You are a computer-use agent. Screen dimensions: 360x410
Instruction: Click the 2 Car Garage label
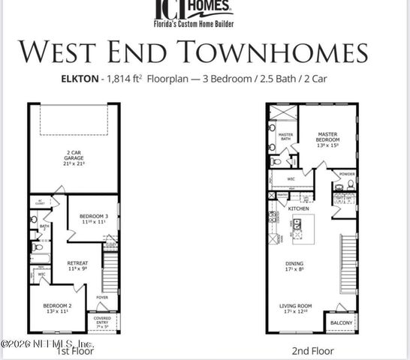point(73,158)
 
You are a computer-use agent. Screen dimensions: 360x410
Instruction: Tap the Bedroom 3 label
point(93,217)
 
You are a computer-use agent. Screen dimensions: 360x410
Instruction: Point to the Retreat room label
point(78,265)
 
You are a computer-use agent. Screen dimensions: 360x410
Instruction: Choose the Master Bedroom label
point(328,138)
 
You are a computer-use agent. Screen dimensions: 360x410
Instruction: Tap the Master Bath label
point(285,137)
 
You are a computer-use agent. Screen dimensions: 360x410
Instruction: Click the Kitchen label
point(299,208)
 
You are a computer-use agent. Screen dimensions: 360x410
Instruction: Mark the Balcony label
point(341,324)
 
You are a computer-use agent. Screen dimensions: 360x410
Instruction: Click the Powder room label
point(346,174)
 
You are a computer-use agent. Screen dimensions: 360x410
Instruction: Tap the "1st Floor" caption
point(75,350)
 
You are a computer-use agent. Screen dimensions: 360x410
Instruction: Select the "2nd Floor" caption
point(313,350)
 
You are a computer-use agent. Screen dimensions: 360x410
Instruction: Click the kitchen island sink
point(297,223)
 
